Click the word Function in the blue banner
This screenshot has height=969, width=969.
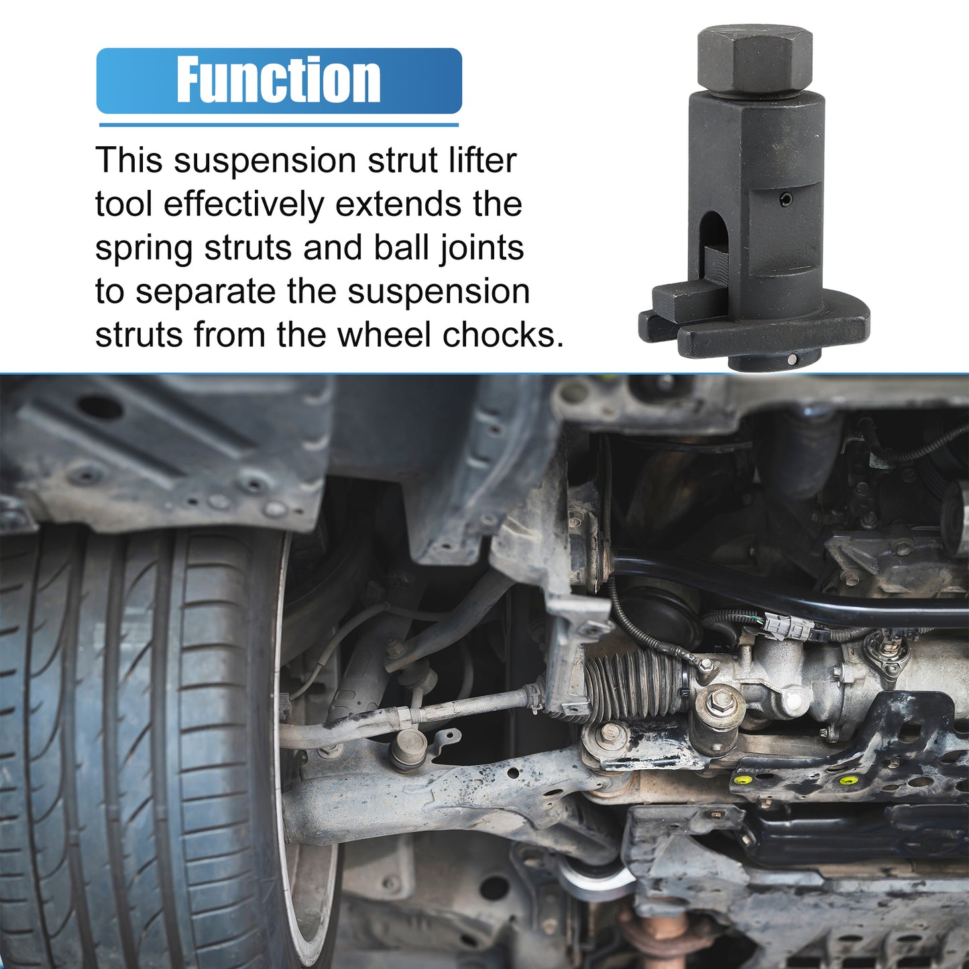[278, 79]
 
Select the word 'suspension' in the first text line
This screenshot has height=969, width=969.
[266, 160]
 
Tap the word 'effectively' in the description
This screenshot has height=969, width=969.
[243, 204]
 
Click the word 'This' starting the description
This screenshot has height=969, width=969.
[129, 160]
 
